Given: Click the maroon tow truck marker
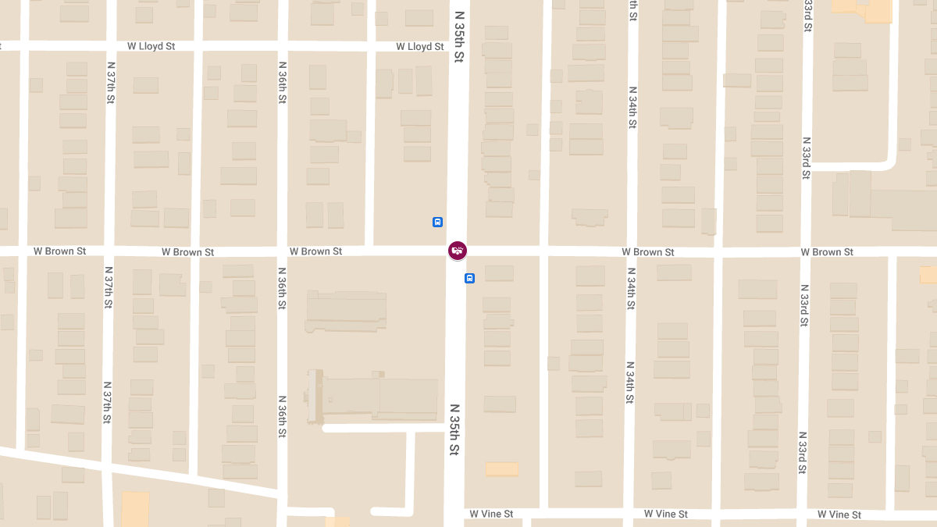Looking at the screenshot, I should click(458, 251).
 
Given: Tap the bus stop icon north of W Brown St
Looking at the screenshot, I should click(438, 222).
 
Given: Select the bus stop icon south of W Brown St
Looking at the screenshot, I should click(470, 278).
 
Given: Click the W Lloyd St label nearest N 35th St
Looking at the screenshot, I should click(419, 47).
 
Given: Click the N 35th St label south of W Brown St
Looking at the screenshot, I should click(454, 429).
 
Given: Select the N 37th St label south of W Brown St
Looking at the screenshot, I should click(107, 402).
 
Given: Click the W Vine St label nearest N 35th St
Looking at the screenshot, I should click(491, 514).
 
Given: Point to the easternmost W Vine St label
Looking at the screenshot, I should click(839, 515).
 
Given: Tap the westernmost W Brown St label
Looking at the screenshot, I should click(59, 251).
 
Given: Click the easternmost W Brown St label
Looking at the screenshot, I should click(827, 252).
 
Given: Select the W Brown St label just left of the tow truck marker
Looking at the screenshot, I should click(315, 251).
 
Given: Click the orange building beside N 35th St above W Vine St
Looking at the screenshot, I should click(501, 469).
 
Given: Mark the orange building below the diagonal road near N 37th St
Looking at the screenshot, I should click(135, 509).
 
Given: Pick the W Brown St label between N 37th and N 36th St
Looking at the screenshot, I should click(187, 252).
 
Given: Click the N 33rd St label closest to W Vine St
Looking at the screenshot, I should click(802, 451).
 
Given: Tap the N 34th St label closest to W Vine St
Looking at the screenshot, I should click(629, 383).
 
